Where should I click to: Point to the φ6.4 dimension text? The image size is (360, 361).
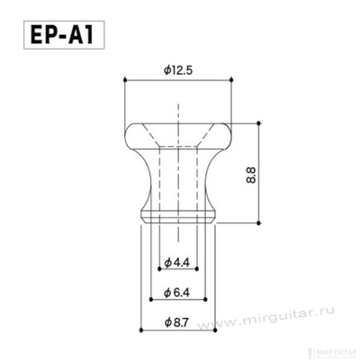tap(177, 293)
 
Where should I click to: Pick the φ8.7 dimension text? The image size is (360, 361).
tap(177, 322)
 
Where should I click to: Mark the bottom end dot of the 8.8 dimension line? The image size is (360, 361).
tap(262, 221)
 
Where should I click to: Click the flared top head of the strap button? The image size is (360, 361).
tap(177, 131)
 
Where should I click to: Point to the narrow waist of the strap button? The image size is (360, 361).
tap(177, 176)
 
